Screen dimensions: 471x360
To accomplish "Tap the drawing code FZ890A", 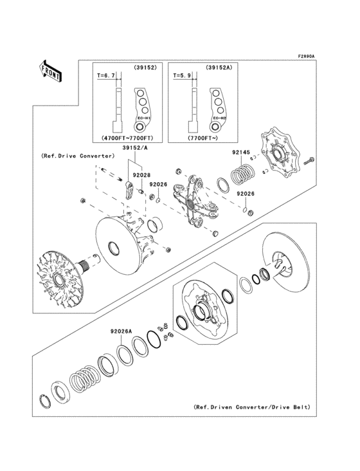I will tap(305, 57).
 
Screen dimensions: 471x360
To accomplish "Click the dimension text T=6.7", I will tap(105, 75).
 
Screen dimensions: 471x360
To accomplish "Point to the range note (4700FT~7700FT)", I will tap(128, 138).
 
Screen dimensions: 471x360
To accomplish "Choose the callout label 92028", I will tap(141, 174).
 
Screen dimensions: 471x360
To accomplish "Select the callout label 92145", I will tap(240, 153).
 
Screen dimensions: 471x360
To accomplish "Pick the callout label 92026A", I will tap(121, 331).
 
